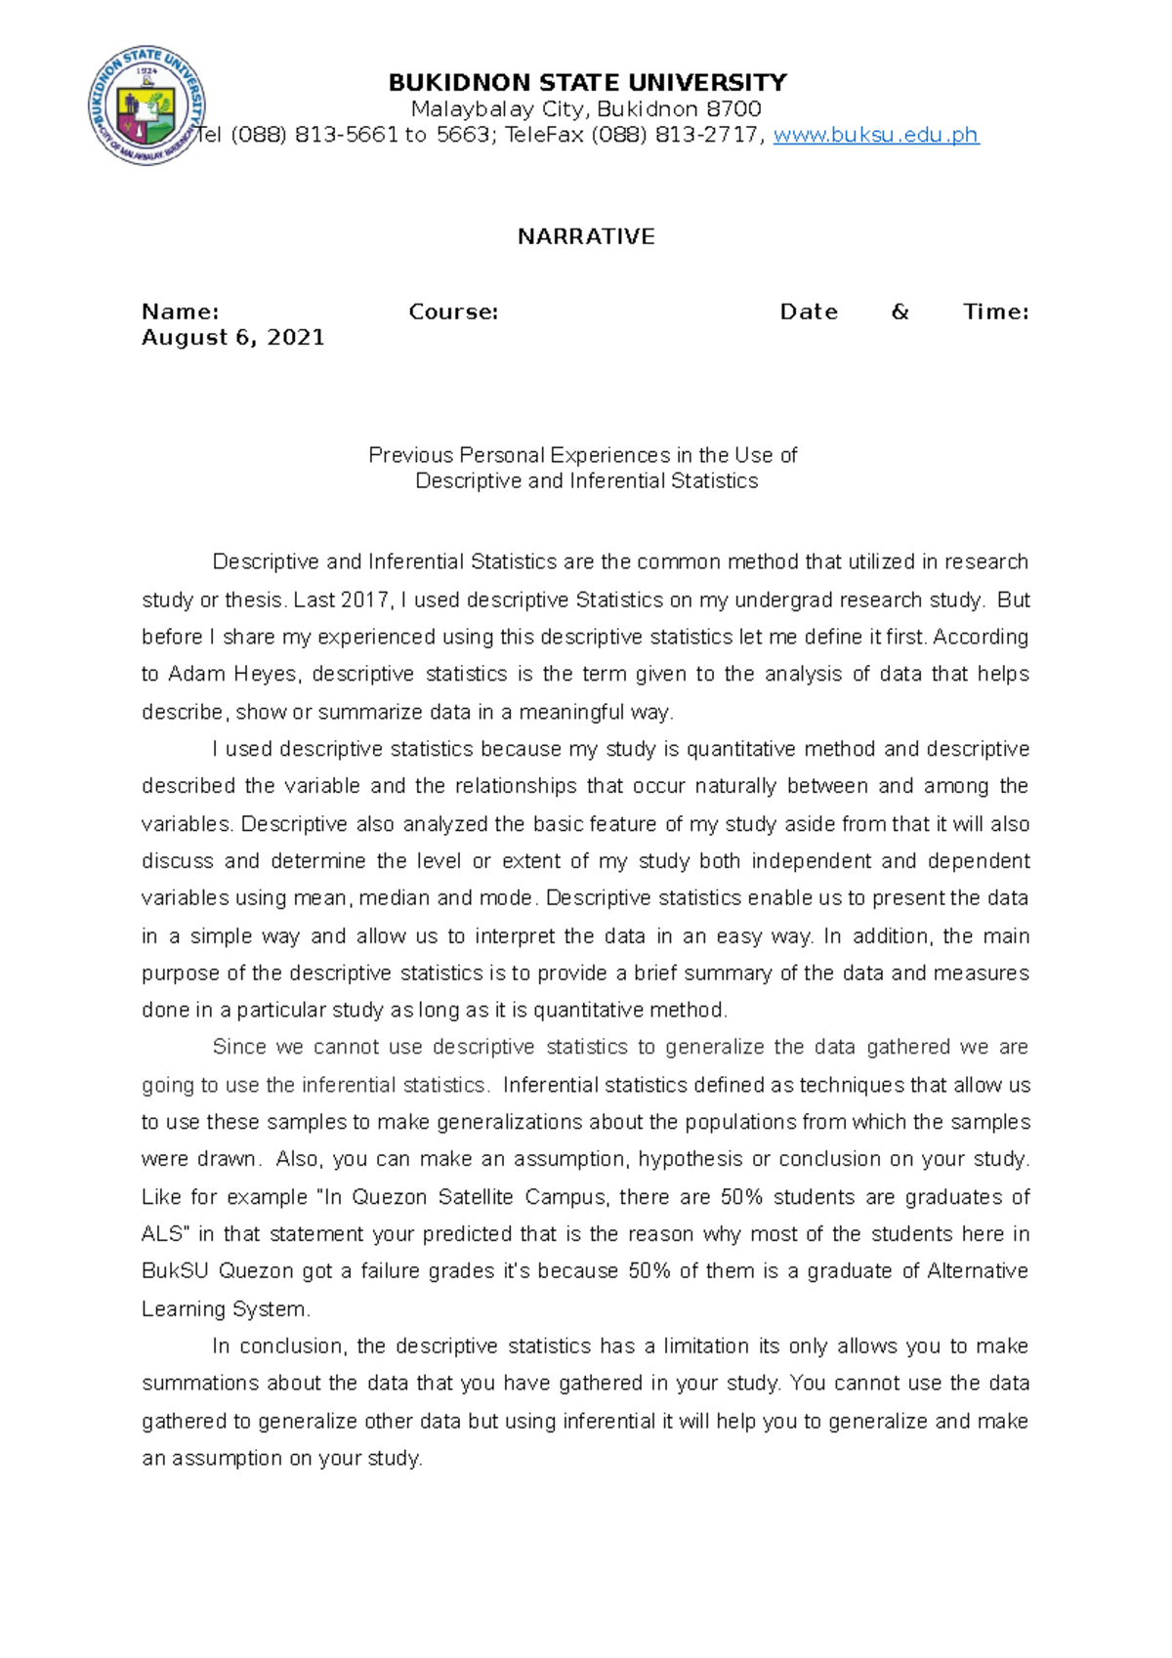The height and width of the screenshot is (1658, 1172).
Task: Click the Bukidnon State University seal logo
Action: click(x=146, y=105)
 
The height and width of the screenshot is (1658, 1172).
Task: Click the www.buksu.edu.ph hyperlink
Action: click(x=875, y=135)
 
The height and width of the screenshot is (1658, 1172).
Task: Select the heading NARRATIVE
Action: click(x=586, y=236)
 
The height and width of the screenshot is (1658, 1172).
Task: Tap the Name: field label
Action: click(x=180, y=311)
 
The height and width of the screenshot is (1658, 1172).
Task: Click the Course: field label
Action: click(x=453, y=311)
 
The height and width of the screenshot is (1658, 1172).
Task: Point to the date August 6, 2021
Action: click(x=232, y=338)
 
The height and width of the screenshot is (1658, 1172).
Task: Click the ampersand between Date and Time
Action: click(x=900, y=311)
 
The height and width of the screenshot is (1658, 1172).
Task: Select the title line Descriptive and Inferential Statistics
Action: click(x=586, y=480)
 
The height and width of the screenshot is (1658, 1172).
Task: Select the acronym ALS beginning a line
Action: click(x=162, y=1234)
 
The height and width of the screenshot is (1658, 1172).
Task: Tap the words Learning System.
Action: click(x=225, y=1309)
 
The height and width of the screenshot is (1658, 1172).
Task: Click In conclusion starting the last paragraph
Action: click(x=278, y=1347)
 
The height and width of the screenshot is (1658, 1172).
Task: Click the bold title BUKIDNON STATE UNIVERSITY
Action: click(x=587, y=82)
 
